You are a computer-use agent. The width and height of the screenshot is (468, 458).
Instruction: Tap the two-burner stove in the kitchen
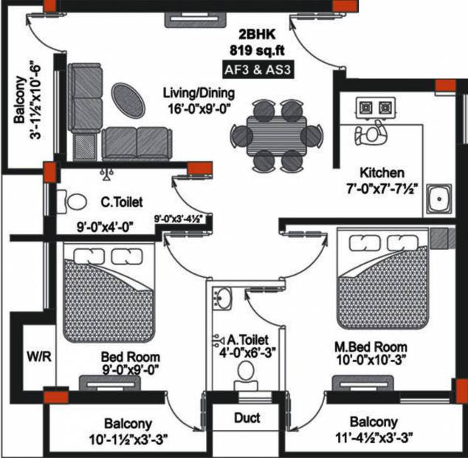375,109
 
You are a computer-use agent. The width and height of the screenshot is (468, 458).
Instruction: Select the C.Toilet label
121,200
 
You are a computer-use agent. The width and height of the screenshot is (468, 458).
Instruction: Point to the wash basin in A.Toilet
221,298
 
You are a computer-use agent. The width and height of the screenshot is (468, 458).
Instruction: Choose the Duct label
247,418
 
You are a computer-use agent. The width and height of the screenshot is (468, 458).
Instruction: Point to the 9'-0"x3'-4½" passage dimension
179,219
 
